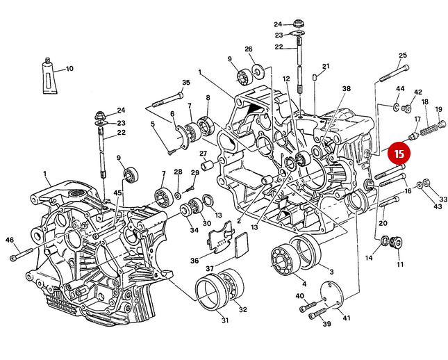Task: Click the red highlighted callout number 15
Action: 399,152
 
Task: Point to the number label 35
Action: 185,83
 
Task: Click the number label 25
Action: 402,56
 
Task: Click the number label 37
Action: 209,268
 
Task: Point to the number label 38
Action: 347,89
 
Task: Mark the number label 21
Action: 325,66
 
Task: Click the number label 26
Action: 248,49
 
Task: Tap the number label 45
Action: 118,193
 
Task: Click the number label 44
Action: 400,89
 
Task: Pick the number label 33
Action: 442,199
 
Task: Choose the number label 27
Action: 204,154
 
